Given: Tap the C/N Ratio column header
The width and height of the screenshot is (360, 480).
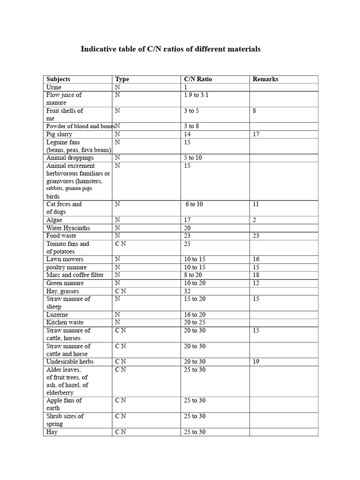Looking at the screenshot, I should (198, 79).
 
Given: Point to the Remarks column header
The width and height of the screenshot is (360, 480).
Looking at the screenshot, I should (265, 79).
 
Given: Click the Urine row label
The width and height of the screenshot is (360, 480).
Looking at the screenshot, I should (54, 87).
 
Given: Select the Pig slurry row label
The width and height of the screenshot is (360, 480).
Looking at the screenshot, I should (59, 134).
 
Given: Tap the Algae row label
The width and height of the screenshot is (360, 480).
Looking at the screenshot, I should (54, 220).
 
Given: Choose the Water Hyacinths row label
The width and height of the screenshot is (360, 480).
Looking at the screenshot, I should (68, 228).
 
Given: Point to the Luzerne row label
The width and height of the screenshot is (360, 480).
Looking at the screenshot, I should (57, 315).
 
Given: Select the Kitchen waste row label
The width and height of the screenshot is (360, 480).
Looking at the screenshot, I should (65, 322).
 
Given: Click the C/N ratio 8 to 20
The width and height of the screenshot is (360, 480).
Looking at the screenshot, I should (194, 275).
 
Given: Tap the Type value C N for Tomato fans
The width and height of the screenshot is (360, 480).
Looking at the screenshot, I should (120, 244).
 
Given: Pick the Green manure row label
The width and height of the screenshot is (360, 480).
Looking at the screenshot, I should (65, 283).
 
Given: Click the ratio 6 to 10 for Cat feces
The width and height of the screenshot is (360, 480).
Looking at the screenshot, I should (194, 204).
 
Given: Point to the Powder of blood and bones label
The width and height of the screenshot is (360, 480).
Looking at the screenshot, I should (80, 126).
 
